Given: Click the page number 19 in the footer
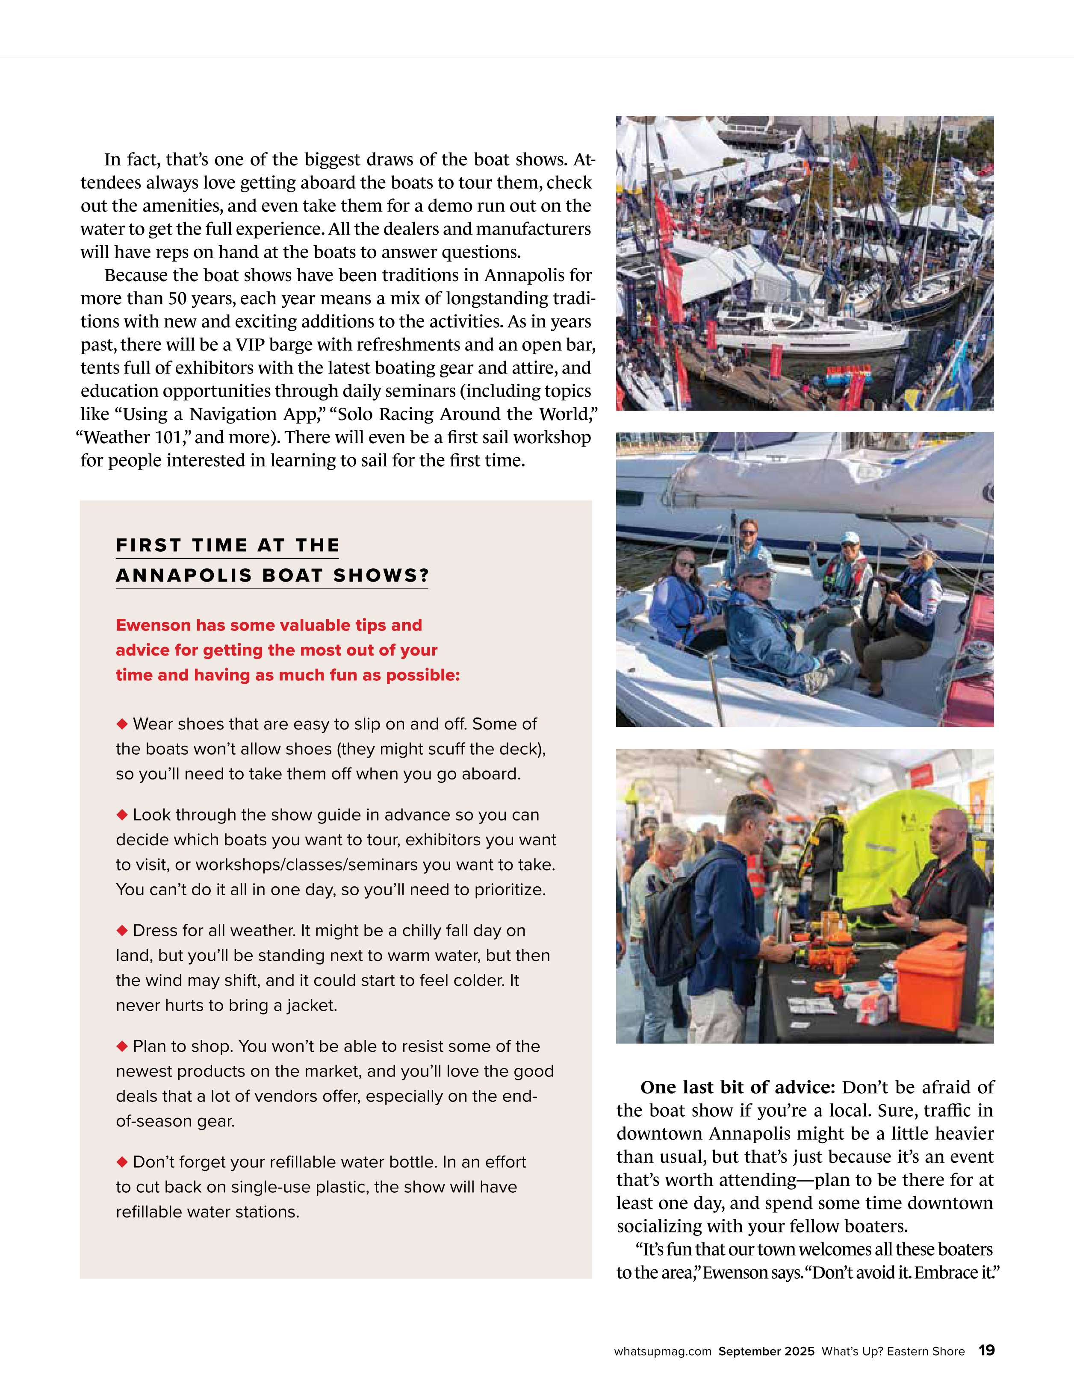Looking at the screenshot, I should [x=986, y=1350].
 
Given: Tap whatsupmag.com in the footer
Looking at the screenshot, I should [x=662, y=1351].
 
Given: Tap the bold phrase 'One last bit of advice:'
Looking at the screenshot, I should [x=738, y=1087].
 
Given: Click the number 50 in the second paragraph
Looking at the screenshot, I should [x=177, y=299].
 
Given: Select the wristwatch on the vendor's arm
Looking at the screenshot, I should [x=915, y=923].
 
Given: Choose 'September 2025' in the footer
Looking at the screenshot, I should [x=766, y=1351].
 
